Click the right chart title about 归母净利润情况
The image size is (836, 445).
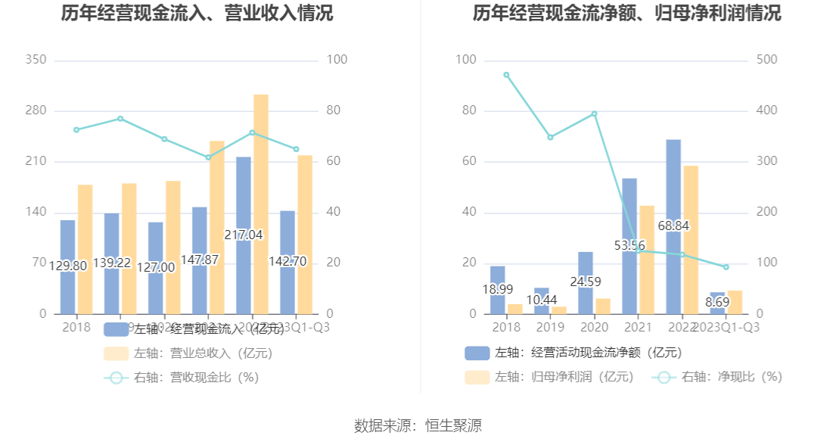(x=627, y=14)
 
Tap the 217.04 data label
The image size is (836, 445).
(x=244, y=235)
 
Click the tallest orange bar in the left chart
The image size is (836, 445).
(x=261, y=204)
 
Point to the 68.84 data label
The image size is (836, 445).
(x=673, y=226)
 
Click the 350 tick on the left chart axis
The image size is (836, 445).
(x=36, y=60)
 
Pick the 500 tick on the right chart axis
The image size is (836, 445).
(x=766, y=60)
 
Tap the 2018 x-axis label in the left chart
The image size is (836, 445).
(x=76, y=327)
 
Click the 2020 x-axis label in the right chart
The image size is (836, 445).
(x=594, y=327)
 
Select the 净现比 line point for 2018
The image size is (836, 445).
(x=506, y=75)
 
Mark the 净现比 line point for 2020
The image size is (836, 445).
(x=594, y=114)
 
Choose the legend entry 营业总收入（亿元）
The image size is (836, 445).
(x=188, y=353)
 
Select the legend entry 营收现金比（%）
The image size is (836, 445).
(x=182, y=378)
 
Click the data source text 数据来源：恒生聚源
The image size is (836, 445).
(x=418, y=425)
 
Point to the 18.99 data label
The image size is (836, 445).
(x=498, y=289)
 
